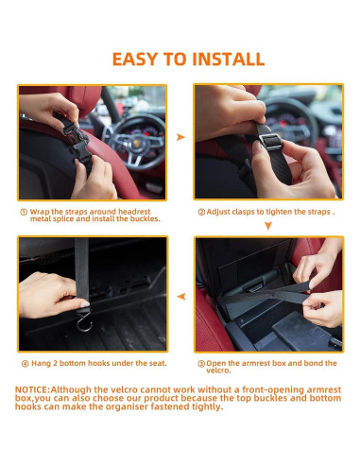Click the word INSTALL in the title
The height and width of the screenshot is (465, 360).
tap(228, 60)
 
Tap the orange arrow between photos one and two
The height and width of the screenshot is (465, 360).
tap(180, 137)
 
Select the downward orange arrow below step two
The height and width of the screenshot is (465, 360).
tap(268, 226)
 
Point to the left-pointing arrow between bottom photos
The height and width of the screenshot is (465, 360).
tap(181, 297)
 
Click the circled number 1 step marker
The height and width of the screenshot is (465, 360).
tap(24, 212)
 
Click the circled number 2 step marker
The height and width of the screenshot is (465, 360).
tap(201, 212)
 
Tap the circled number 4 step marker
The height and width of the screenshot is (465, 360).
tap(26, 364)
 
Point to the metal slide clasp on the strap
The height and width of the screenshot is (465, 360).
tap(271, 141)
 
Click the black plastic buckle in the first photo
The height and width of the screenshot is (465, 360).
tap(77, 141)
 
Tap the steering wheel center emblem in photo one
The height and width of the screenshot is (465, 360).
tap(136, 144)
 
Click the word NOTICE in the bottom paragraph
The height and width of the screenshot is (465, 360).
tap(31, 390)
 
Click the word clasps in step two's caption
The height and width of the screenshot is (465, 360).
tap(244, 212)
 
